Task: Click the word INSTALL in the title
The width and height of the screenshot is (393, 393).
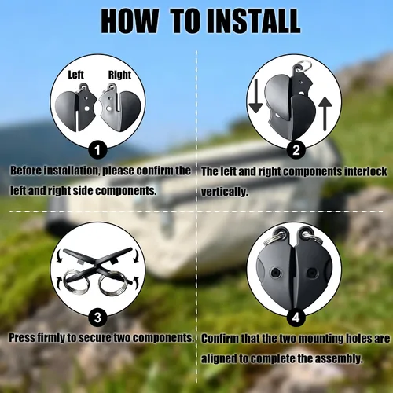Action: (x=254, y=20)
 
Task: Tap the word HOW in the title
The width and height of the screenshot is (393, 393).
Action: (x=130, y=20)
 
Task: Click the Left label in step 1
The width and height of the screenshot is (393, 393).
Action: (x=75, y=75)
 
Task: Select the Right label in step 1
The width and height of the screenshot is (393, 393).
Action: (x=119, y=75)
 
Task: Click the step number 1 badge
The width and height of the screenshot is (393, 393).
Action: (x=97, y=150)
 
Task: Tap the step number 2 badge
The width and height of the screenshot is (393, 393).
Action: (x=296, y=150)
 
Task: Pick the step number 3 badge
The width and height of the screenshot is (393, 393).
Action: (x=97, y=318)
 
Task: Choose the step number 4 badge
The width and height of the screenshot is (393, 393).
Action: (x=296, y=318)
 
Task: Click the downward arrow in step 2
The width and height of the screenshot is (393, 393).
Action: (x=255, y=96)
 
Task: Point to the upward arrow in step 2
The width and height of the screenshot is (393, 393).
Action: (x=325, y=114)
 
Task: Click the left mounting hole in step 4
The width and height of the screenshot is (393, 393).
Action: (x=275, y=273)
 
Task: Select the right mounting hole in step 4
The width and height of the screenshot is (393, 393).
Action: (x=312, y=273)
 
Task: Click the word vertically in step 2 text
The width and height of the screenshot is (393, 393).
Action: (x=224, y=192)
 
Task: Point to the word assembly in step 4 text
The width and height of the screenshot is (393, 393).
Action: (x=339, y=358)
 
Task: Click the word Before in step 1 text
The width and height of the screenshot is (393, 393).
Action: (x=26, y=171)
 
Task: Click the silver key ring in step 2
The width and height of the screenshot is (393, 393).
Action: (x=303, y=64)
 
